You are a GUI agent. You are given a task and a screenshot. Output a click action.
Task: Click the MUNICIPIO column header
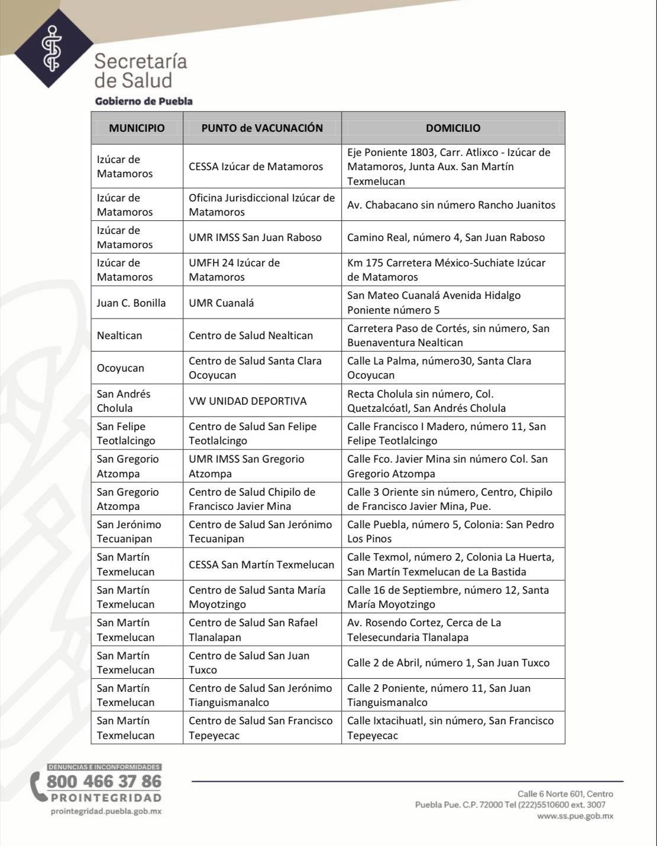click(137, 128)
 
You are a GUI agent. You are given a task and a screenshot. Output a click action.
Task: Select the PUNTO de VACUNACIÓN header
click(262, 128)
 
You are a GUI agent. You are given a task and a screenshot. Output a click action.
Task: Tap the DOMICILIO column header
click(453, 128)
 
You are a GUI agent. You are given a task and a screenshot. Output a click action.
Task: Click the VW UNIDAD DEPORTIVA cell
click(248, 401)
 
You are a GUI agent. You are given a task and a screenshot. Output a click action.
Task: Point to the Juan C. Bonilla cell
click(131, 303)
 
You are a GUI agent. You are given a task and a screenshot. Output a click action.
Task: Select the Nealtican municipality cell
click(119, 336)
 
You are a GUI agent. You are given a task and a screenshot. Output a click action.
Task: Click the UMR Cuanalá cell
click(221, 303)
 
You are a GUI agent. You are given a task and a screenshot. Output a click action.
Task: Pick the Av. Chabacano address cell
click(451, 205)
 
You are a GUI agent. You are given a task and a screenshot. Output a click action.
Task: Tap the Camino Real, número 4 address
click(446, 237)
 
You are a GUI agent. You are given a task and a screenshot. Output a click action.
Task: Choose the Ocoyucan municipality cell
click(121, 368)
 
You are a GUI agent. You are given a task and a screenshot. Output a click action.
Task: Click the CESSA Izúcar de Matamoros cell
click(256, 167)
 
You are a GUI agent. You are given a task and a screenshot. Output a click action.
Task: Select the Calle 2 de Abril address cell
click(448, 663)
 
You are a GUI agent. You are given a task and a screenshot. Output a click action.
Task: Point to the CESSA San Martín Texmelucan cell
click(261, 565)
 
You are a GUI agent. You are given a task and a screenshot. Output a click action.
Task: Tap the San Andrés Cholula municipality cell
click(124, 401)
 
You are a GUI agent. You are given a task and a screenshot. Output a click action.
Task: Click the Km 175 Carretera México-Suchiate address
click(446, 270)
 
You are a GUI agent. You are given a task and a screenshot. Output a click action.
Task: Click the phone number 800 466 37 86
click(103, 782)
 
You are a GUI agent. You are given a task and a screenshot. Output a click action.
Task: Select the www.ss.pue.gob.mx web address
click(575, 816)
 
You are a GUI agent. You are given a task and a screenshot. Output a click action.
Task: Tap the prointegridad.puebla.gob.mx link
click(106, 811)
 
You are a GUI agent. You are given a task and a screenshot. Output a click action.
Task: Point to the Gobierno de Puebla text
click(144, 101)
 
